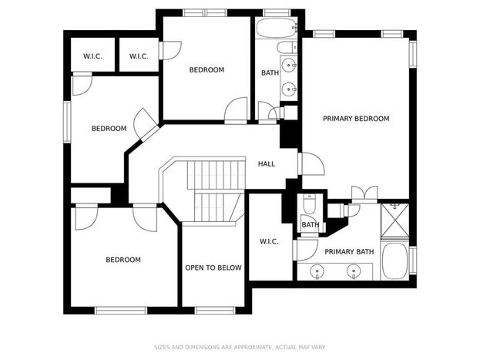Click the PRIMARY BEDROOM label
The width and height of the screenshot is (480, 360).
coord(356,119)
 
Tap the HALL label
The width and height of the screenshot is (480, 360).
coord(267,164)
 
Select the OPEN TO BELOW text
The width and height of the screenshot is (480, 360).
coord(213,267)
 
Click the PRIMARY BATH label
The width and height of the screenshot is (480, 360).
coord(349,252)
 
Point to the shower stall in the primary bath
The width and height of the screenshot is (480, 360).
coord(395,220)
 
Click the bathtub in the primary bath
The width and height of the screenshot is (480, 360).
coord(395,261)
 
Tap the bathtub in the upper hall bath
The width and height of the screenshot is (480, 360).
coord(276,28)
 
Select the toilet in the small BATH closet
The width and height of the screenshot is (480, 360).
coord(309,204)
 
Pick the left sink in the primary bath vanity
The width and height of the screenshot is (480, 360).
coord(317,271)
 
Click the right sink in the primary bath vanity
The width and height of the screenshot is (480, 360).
coord(354,271)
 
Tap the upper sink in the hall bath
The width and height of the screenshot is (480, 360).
coord(288,65)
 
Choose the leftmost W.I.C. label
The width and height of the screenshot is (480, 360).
coord(92,56)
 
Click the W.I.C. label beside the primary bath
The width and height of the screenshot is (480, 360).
coord(269,242)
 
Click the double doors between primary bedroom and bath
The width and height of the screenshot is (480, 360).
coord(364,193)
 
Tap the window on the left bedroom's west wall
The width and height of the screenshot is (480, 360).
coord(67,122)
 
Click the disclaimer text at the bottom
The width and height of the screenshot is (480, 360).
coord(240,347)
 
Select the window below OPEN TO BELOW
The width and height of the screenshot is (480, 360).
coord(215,311)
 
